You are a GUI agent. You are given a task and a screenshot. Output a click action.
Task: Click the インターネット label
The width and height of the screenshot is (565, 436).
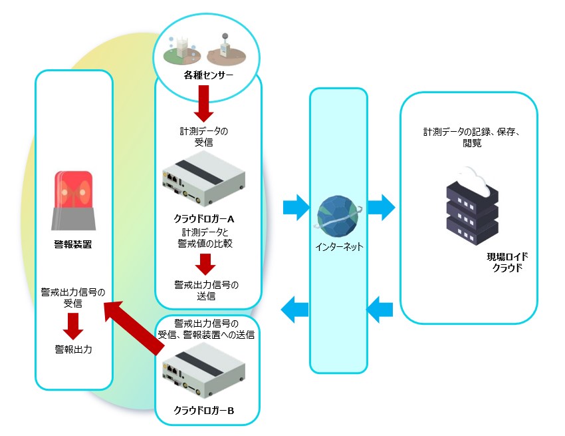click(x=339, y=246)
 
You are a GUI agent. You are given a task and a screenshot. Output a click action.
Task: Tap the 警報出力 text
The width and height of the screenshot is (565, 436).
click(x=73, y=348)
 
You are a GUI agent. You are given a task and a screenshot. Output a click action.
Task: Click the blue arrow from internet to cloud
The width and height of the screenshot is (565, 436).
click(x=381, y=207)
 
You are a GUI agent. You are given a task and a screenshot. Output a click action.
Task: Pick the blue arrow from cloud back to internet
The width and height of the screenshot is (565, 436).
click(x=381, y=308)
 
